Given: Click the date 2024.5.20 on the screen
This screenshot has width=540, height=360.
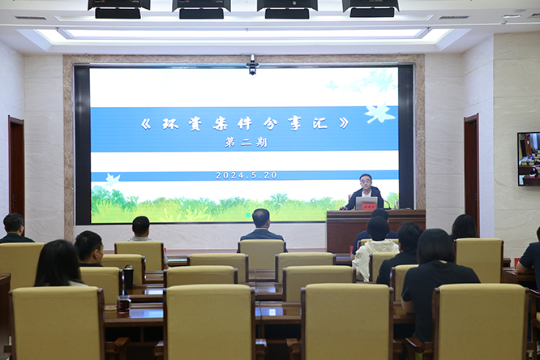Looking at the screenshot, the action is pos(246,175).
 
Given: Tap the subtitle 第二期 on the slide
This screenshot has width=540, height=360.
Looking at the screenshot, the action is pos(246,143).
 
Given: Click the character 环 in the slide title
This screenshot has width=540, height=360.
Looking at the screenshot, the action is pos(170,124).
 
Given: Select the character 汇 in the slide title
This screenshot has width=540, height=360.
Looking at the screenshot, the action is pos(320,123).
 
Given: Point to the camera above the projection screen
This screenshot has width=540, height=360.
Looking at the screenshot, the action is pos(252,66).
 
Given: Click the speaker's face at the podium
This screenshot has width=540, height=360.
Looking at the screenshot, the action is pos(366,181).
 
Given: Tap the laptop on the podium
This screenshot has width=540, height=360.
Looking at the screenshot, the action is pos(366,204).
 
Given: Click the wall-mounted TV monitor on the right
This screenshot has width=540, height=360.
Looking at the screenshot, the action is pos(529,159).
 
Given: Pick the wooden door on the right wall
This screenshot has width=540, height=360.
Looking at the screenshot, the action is pos(471,172).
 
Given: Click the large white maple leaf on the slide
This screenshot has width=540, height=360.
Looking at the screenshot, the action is pos(379,113).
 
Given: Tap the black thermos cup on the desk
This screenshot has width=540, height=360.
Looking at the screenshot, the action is pos(128,276).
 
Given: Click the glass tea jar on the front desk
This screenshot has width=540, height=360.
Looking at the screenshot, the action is pos(123,304).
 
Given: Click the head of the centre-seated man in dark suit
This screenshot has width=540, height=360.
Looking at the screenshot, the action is pos(261,218).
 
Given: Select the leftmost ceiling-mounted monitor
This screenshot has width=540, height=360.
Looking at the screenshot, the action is pos(118,9).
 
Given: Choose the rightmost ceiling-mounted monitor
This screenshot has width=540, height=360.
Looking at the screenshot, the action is pos(371,8).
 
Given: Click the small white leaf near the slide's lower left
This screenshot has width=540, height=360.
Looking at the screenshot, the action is pos(113,179).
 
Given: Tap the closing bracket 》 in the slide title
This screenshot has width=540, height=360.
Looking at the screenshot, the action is pos(344,123).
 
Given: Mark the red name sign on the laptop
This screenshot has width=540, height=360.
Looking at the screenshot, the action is pos(369,207).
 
